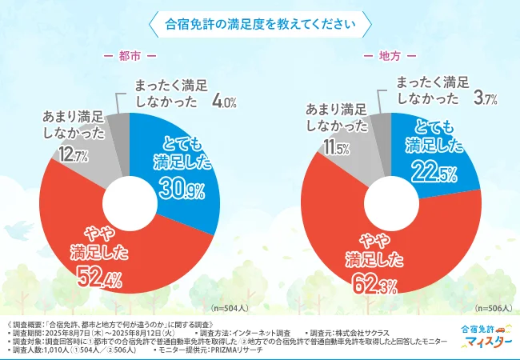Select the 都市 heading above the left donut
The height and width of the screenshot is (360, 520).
130,57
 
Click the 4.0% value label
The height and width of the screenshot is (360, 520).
223,102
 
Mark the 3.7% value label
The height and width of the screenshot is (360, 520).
486,98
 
